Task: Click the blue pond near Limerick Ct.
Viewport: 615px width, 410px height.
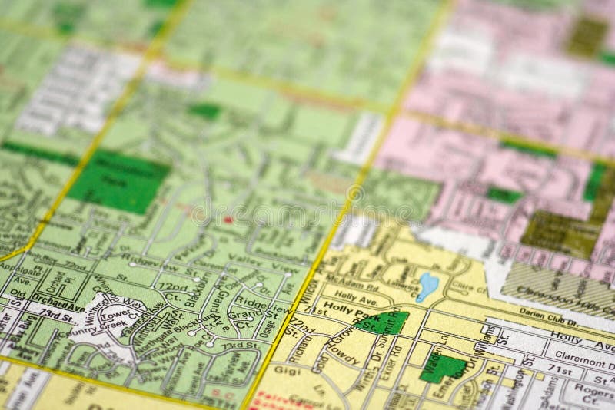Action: [426, 286]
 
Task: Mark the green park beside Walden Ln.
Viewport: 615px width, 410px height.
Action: [443, 369]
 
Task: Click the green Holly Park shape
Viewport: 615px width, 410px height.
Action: [391, 323]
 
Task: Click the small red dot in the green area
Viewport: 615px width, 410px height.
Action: [228, 220]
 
